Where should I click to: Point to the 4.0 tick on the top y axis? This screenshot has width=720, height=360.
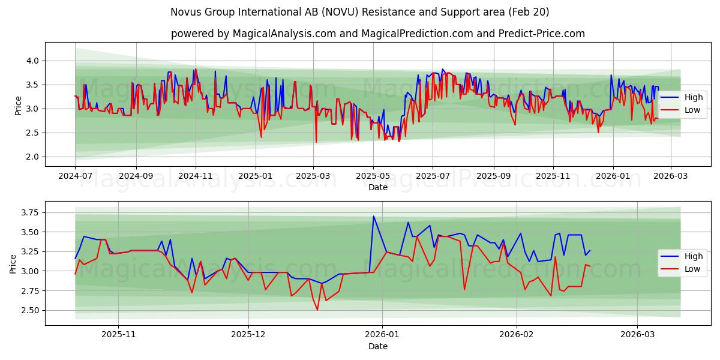point(32,61)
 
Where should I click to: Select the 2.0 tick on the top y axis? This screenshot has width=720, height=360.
point(32,157)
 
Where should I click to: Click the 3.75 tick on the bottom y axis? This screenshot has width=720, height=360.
point(29,212)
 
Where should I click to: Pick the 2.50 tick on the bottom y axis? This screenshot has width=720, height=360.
point(29,310)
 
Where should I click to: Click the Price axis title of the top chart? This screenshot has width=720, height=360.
point(19,106)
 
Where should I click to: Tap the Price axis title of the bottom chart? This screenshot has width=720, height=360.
point(13,264)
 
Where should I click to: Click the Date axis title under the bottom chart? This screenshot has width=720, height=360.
point(378,346)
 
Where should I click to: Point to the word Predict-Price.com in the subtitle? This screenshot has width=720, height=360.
point(542,34)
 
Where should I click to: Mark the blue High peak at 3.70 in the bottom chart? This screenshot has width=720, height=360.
point(373,216)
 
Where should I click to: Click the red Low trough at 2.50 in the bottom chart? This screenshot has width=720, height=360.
point(317,310)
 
